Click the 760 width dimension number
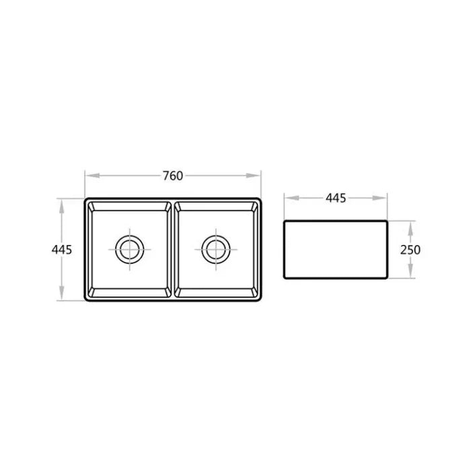click(172, 176)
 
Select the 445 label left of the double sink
click(61, 249)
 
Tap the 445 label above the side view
click(335, 198)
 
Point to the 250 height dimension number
click(410, 250)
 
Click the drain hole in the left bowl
click(129, 249)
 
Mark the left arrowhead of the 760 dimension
click(87, 176)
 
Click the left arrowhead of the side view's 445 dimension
click(287, 198)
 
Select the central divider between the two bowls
click(172, 249)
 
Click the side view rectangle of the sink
click(336, 249)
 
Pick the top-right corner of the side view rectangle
click(387, 220)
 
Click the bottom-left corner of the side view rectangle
click(285, 279)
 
